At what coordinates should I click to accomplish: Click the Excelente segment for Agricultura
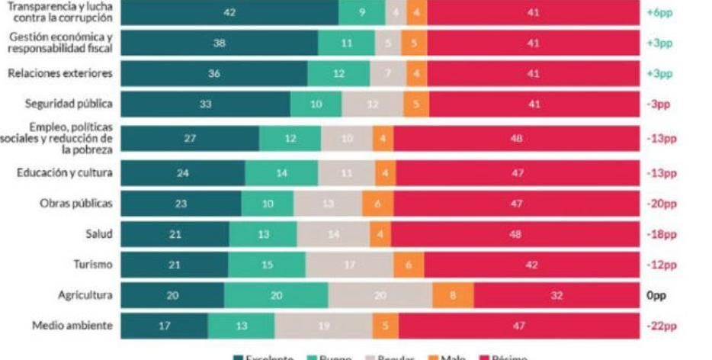pyautogui.click(x=172, y=295)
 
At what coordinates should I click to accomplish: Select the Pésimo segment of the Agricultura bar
pyautogui.click(x=556, y=295)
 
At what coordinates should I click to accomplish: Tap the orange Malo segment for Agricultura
pyautogui.click(x=453, y=295)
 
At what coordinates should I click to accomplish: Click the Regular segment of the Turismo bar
pyautogui.click(x=349, y=265)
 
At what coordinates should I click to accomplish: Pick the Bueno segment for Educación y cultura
pyautogui.click(x=281, y=173)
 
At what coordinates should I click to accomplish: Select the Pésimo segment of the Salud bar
pyautogui.click(x=515, y=234)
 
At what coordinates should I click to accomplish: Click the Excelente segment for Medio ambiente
pyautogui.click(x=164, y=326)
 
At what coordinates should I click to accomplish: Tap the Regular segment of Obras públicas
pyautogui.click(x=328, y=204)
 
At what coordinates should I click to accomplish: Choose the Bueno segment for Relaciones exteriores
pyautogui.click(x=338, y=74)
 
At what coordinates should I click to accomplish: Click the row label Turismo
pyautogui.click(x=92, y=265)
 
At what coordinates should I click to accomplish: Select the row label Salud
pyautogui.click(x=99, y=234)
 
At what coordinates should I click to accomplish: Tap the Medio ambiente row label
pyautogui.click(x=72, y=326)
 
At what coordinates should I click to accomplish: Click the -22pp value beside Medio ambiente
pyautogui.click(x=661, y=326)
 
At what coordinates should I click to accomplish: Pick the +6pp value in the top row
pyautogui.click(x=659, y=13)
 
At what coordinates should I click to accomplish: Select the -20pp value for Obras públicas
pyautogui.click(x=661, y=204)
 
